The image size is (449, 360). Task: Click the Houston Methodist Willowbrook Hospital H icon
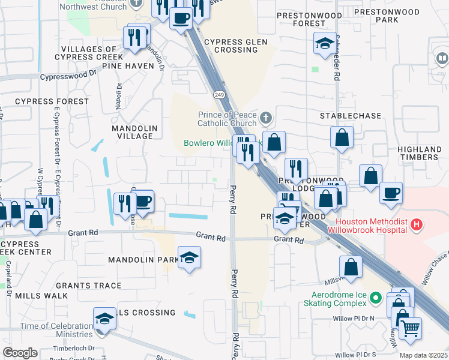[418, 226]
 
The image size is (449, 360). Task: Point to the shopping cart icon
[410, 328]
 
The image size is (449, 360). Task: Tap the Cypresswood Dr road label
[68, 75]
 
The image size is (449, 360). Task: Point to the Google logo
[20, 352]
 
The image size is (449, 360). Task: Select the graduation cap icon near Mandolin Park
[190, 257]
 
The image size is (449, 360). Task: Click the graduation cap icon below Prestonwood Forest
[324, 43]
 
